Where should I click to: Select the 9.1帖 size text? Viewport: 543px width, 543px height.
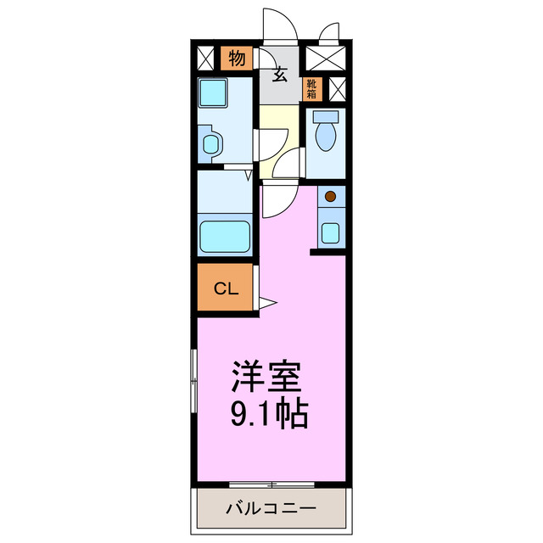click(x=268, y=414)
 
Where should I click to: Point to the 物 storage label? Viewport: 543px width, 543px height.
click(x=237, y=59)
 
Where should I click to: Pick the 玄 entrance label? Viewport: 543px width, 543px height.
click(x=279, y=76)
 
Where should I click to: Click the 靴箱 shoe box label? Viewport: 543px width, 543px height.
click(x=313, y=87)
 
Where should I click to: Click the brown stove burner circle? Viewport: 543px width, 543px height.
click(x=331, y=197)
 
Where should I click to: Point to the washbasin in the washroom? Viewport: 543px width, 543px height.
click(x=210, y=142)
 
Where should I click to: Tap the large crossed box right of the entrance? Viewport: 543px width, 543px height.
click(x=326, y=59)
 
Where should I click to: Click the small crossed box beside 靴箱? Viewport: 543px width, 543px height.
click(x=337, y=88)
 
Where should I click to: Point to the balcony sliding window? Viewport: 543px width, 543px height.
click(x=271, y=484)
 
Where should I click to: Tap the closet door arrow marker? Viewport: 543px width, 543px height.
click(x=266, y=302)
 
